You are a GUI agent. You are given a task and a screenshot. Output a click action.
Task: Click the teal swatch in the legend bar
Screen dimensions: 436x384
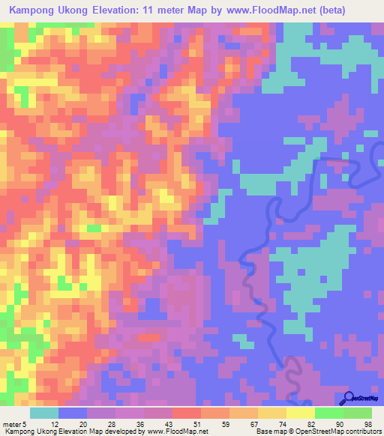click(44, 413)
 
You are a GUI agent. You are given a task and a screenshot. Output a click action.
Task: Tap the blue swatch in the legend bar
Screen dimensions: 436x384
click(73, 413)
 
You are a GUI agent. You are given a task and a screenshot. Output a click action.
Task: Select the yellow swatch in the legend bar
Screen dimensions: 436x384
click(300, 413)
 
